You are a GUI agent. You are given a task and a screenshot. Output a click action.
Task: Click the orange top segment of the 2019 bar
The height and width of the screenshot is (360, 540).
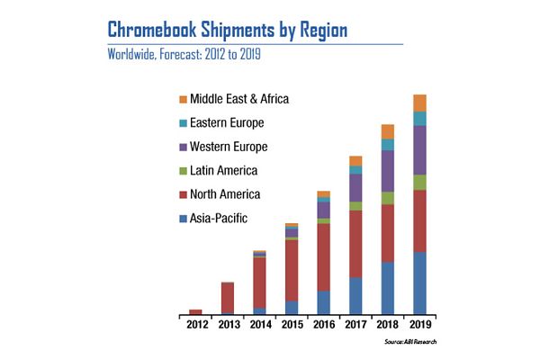(x=419, y=103)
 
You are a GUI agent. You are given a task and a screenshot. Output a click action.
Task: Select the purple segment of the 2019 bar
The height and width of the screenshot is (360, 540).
(x=419, y=150)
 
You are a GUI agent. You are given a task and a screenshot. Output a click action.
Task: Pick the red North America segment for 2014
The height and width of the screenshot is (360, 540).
(x=259, y=283)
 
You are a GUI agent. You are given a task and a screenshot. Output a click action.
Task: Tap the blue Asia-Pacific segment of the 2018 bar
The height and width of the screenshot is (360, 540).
(x=388, y=288)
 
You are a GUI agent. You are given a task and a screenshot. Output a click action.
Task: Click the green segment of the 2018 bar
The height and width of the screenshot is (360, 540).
(x=388, y=198)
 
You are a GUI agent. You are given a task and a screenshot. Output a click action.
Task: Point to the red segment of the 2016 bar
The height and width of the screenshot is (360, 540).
(x=324, y=256)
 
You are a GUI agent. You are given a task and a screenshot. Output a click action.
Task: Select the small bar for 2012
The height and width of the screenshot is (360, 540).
(x=196, y=311)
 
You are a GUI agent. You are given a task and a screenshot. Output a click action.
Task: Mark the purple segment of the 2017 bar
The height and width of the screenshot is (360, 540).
(x=355, y=187)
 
